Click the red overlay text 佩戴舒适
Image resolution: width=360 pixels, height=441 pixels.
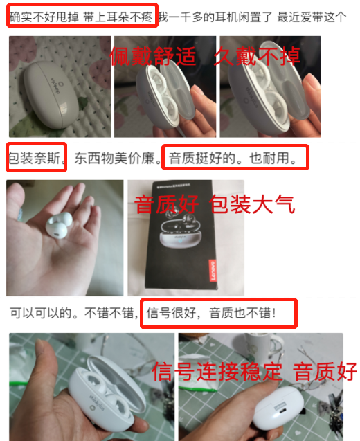(x=153, y=56)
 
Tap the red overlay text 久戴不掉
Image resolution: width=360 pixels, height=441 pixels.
(x=257, y=56)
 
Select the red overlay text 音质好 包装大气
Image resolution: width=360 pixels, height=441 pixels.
(x=215, y=204)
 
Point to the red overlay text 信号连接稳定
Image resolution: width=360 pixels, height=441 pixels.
(x=217, y=372)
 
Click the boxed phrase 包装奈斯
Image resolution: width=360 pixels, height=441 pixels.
(x=35, y=158)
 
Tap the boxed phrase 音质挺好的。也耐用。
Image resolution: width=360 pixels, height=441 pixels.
(x=233, y=158)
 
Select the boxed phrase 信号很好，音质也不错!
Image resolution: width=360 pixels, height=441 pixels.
(x=211, y=313)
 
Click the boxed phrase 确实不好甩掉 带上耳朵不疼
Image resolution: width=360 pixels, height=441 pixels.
(x=81, y=17)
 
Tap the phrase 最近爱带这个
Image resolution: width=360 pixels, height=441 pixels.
(x=312, y=17)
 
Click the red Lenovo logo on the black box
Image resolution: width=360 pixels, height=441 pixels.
(x=213, y=270)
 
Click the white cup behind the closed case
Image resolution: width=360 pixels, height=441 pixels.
(x=259, y=350)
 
